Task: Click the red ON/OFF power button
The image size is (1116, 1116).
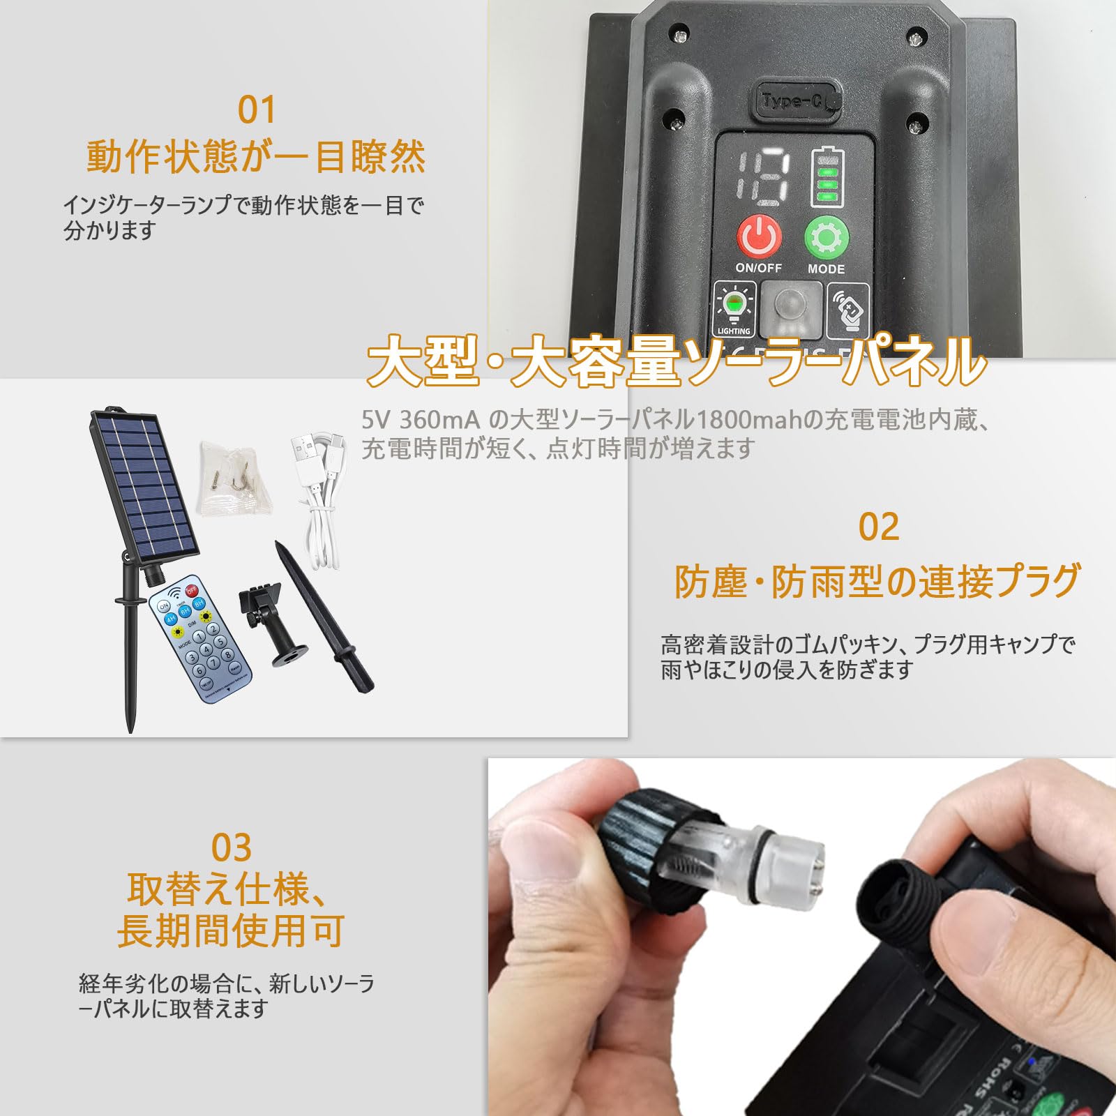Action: (x=758, y=237)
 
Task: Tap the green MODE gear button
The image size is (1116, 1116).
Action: (x=826, y=237)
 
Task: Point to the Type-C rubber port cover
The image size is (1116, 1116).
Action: (x=796, y=102)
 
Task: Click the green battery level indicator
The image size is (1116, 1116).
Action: (x=827, y=178)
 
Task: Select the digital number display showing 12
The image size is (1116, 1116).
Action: (x=764, y=178)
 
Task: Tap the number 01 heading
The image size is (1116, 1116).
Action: (x=257, y=110)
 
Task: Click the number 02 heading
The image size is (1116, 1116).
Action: (x=878, y=527)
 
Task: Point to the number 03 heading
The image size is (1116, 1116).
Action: (x=231, y=847)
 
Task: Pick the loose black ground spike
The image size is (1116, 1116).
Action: (x=324, y=617)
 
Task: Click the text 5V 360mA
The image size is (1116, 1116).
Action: (x=421, y=420)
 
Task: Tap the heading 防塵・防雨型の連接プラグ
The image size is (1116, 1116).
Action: (x=877, y=581)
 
